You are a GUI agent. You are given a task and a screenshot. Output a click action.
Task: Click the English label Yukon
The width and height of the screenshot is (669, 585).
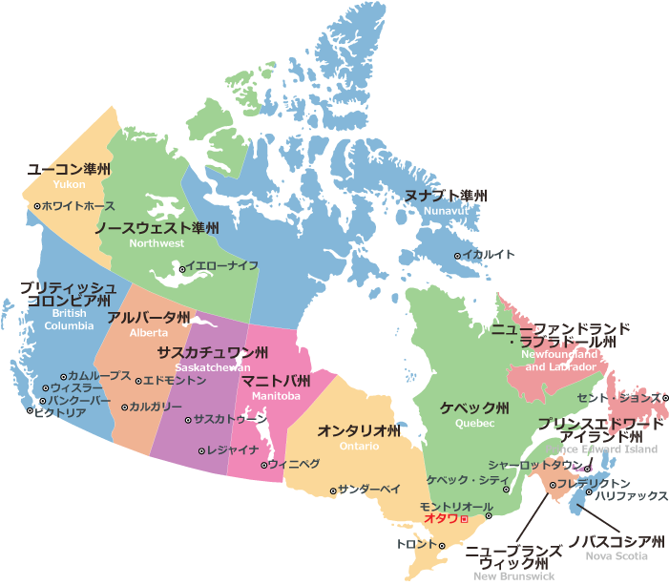(69, 183)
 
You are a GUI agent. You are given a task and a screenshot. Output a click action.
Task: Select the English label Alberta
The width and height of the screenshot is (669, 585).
(148, 333)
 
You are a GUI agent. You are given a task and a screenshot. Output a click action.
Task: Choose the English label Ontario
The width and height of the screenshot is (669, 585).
(359, 446)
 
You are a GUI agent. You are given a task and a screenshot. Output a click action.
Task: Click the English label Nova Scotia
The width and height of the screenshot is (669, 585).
(617, 555)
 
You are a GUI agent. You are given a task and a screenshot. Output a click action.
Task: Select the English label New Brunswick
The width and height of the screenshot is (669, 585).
(514, 576)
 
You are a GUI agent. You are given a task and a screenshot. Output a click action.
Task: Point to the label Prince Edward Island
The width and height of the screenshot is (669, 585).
(601, 449)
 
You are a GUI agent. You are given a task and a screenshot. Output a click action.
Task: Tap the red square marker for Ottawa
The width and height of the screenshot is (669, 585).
(464, 519)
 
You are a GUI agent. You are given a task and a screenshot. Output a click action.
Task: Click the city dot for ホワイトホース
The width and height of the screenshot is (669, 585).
(37, 206)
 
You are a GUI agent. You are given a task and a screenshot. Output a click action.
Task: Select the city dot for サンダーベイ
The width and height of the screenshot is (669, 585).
(333, 491)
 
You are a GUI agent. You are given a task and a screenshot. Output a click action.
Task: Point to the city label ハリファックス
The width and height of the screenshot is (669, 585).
(631, 497)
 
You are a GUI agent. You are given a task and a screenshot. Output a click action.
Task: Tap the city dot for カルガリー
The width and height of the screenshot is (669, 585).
(124, 407)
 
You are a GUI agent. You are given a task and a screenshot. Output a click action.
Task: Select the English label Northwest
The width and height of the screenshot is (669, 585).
(157, 243)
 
